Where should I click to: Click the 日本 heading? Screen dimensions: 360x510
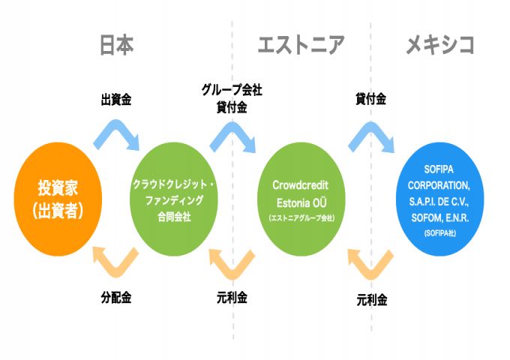[x=116, y=45]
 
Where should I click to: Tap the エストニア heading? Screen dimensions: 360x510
[x=300, y=45]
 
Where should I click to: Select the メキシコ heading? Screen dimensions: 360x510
[x=440, y=45]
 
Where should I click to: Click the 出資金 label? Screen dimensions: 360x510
[x=116, y=100]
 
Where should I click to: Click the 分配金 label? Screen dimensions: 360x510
[x=116, y=298]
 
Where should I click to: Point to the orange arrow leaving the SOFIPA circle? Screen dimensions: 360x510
[x=370, y=265]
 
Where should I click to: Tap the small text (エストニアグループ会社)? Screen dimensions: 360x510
[x=300, y=217]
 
